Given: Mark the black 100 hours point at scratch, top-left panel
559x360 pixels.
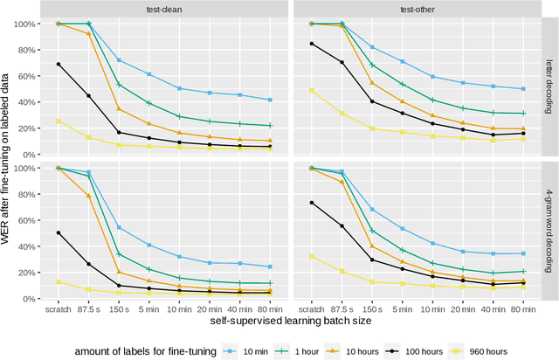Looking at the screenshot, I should [59, 64].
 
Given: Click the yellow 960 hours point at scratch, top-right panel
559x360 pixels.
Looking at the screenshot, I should [312, 91].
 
